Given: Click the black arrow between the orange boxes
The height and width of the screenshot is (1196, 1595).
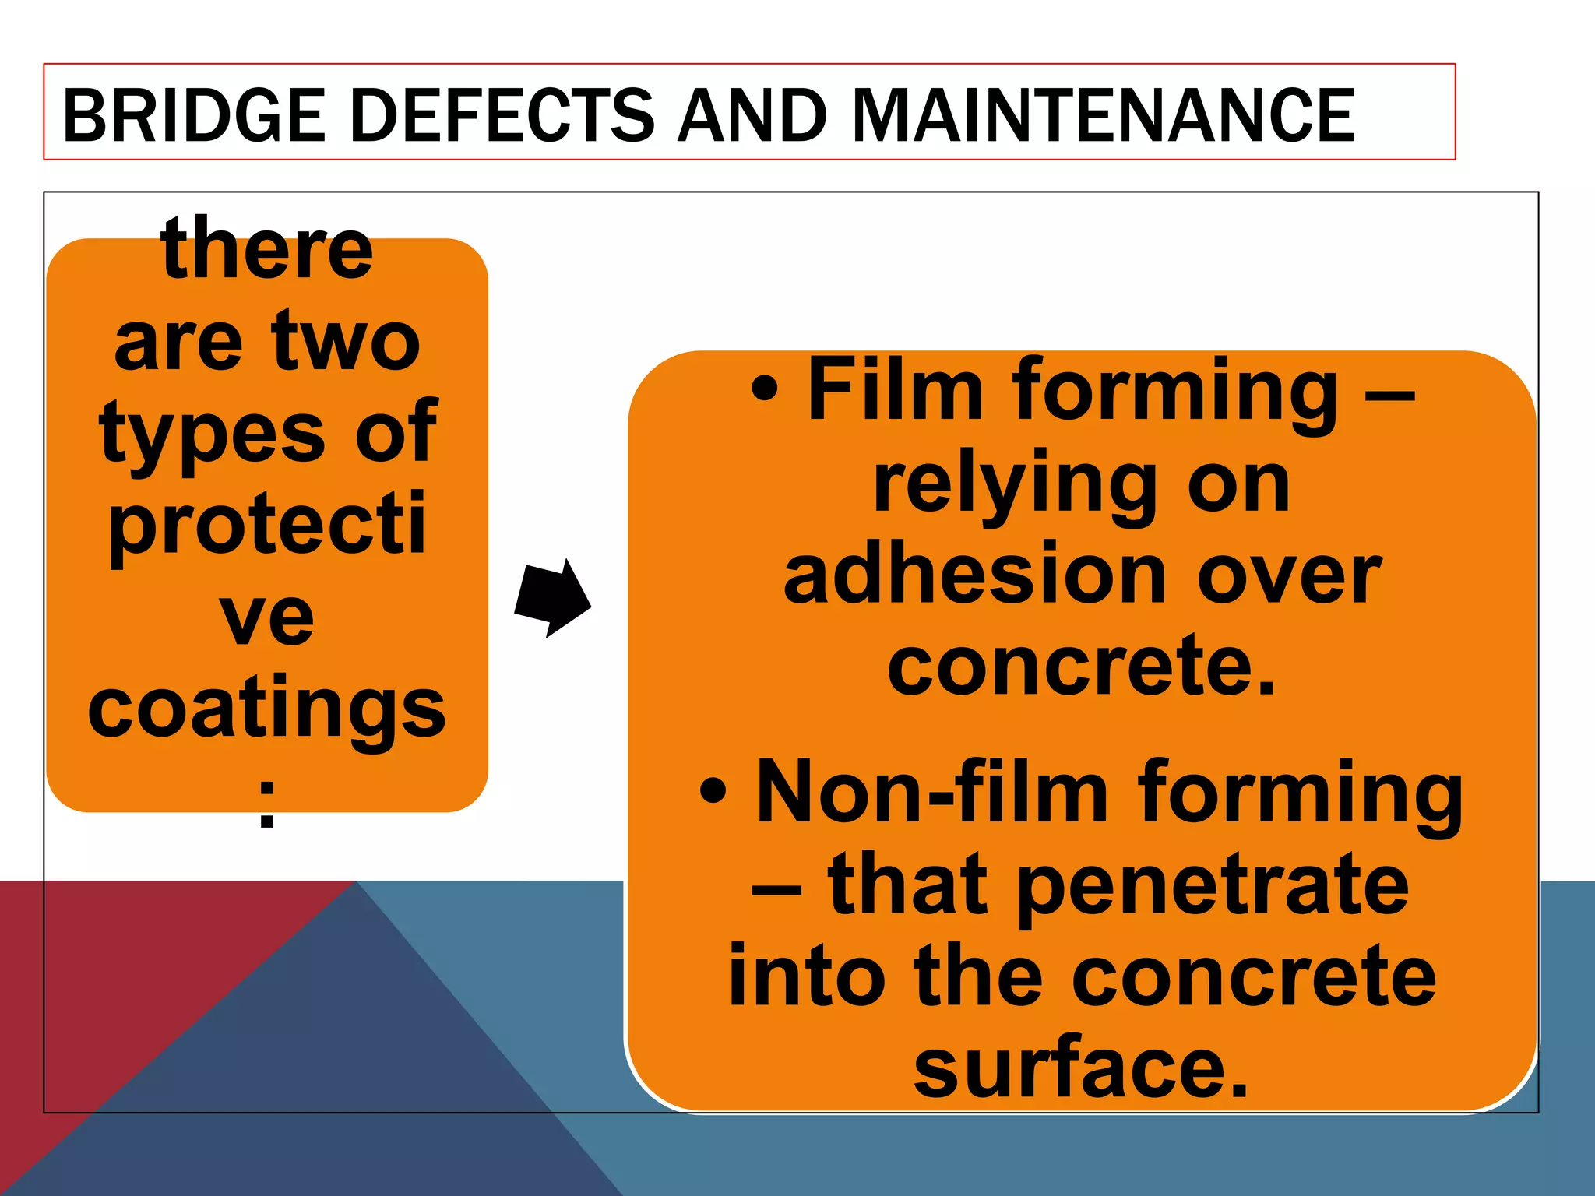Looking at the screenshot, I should (x=552, y=599).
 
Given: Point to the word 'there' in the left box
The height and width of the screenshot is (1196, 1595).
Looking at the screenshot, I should (x=267, y=249).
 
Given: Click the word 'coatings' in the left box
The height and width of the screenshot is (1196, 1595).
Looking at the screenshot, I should (x=267, y=709).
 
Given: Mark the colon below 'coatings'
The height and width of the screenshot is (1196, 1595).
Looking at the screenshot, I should (x=267, y=804).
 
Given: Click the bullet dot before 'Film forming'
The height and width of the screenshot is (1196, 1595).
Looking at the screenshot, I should (x=765, y=389).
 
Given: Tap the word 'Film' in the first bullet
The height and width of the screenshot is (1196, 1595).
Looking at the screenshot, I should (x=895, y=389).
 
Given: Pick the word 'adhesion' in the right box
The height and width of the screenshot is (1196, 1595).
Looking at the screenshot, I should (x=974, y=576).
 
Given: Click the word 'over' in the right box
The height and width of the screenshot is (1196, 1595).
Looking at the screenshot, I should (x=1289, y=576).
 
